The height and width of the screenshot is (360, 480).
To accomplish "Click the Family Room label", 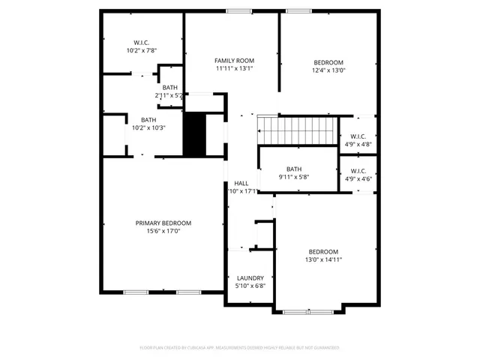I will tap(234, 61).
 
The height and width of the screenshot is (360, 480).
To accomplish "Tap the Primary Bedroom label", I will tap(163, 223).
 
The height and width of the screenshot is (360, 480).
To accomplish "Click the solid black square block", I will tap(195, 134).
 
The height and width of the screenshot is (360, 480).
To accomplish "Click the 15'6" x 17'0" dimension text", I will tap(163, 232).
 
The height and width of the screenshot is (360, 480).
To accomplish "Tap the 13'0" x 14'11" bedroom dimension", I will tap(323, 260).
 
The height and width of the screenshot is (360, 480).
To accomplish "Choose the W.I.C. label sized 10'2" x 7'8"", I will tap(141, 51).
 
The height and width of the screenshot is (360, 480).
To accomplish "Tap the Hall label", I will tap(241, 183).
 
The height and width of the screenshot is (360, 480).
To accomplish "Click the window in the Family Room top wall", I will tap(239, 10).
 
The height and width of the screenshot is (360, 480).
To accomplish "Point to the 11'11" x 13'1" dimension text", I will tap(234, 69).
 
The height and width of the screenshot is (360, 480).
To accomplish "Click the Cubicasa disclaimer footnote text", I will tap(239, 348).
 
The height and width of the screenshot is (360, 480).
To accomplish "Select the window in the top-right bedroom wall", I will tap(298, 10).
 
